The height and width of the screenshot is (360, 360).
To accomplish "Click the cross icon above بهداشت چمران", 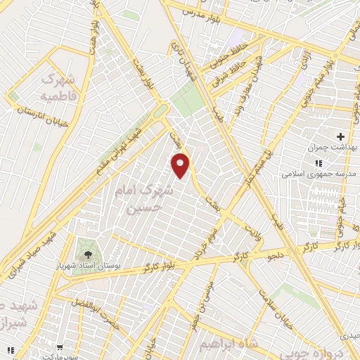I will pyautogui.click(x=341, y=136).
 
